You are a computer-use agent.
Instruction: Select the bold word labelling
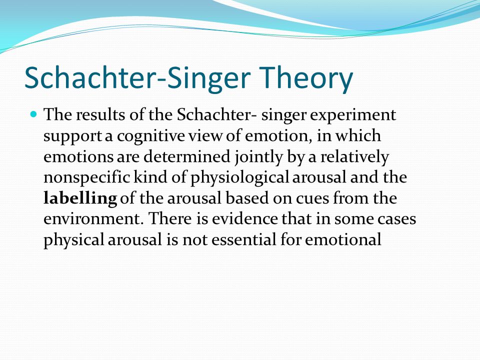pyautogui.click(x=80, y=198)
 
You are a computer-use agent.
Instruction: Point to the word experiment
pyautogui.click(x=353, y=115)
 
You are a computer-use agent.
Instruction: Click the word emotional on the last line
pyautogui.click(x=343, y=239)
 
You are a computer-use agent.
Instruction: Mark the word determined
pyautogui.click(x=186, y=156)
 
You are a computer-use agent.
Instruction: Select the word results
pyautogui.click(x=100, y=115)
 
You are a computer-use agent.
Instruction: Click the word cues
pyautogui.click(x=312, y=198)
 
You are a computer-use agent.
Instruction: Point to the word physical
pyautogui.click(x=74, y=239)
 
